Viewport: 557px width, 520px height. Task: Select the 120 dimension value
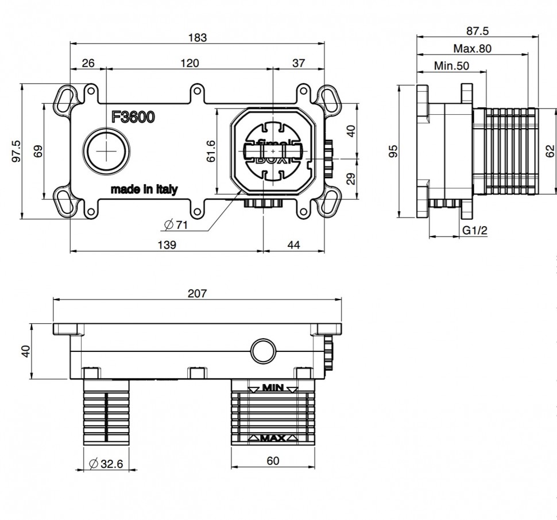coord(189,63)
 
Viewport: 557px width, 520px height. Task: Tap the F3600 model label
coord(133,117)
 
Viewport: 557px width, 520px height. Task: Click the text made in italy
coord(144,189)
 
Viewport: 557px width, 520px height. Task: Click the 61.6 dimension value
coord(211,150)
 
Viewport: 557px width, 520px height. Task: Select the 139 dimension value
coord(167,245)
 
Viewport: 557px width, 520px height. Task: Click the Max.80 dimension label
coord(472,49)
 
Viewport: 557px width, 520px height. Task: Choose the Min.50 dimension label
coord(451,66)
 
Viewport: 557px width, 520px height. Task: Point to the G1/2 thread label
coord(474,230)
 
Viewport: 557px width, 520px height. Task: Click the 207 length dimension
coord(196,293)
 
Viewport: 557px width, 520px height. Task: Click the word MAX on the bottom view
coord(273,438)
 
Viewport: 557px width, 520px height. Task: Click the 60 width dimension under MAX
coord(273,460)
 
